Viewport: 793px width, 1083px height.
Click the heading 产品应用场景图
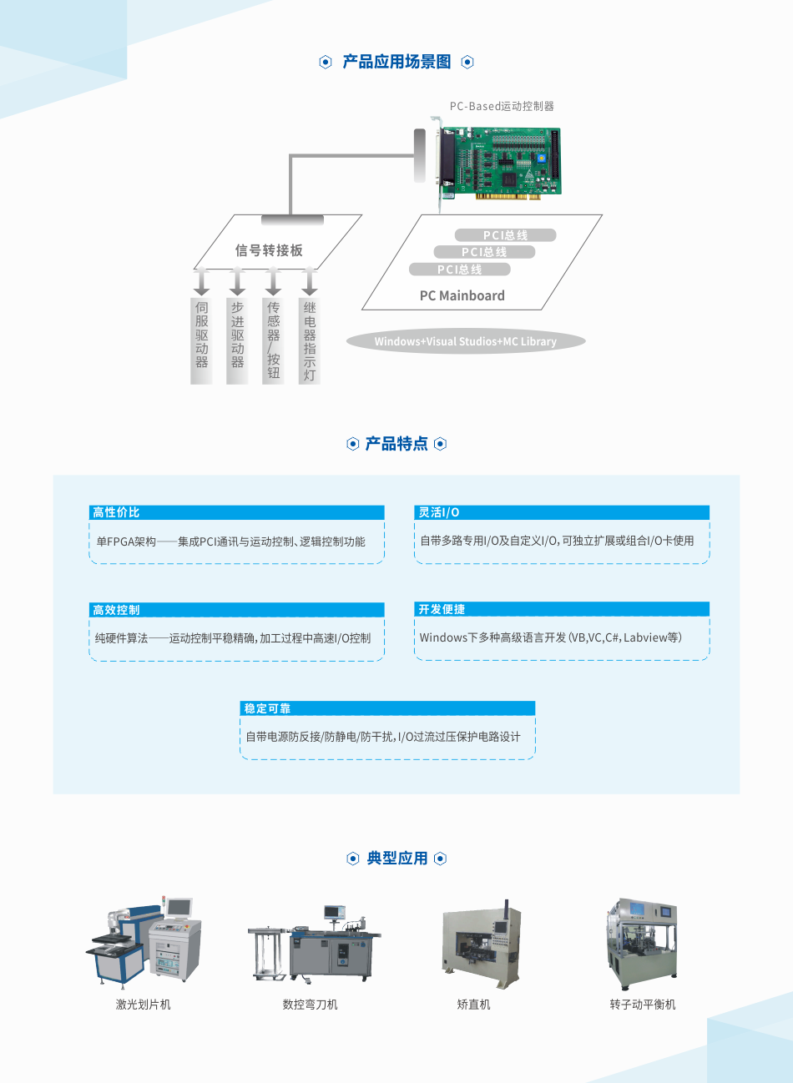(x=396, y=62)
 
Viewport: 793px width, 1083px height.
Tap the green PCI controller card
(x=498, y=164)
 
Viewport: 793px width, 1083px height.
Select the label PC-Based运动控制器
(x=502, y=106)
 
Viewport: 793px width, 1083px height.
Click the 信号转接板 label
(x=269, y=250)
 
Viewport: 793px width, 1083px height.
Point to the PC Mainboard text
(x=462, y=295)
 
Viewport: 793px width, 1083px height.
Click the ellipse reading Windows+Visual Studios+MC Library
(x=466, y=341)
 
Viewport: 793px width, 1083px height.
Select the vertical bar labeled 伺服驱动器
(x=201, y=341)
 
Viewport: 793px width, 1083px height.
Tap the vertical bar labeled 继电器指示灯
(x=309, y=341)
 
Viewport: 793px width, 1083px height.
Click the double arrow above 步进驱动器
(x=237, y=281)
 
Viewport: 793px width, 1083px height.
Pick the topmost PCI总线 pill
(x=505, y=235)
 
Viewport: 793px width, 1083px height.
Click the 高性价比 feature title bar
(x=236, y=512)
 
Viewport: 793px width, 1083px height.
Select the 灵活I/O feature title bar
(x=562, y=512)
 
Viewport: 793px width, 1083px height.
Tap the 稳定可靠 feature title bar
(x=387, y=708)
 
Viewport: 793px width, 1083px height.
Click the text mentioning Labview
(x=551, y=637)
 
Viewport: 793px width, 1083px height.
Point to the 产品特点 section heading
(x=396, y=444)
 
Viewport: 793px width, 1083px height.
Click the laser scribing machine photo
(x=144, y=941)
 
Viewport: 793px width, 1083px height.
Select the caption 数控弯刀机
(x=311, y=1005)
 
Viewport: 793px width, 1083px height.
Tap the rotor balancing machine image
(x=642, y=944)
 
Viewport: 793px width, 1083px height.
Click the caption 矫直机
(x=473, y=1005)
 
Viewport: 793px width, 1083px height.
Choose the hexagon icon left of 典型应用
(x=353, y=859)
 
